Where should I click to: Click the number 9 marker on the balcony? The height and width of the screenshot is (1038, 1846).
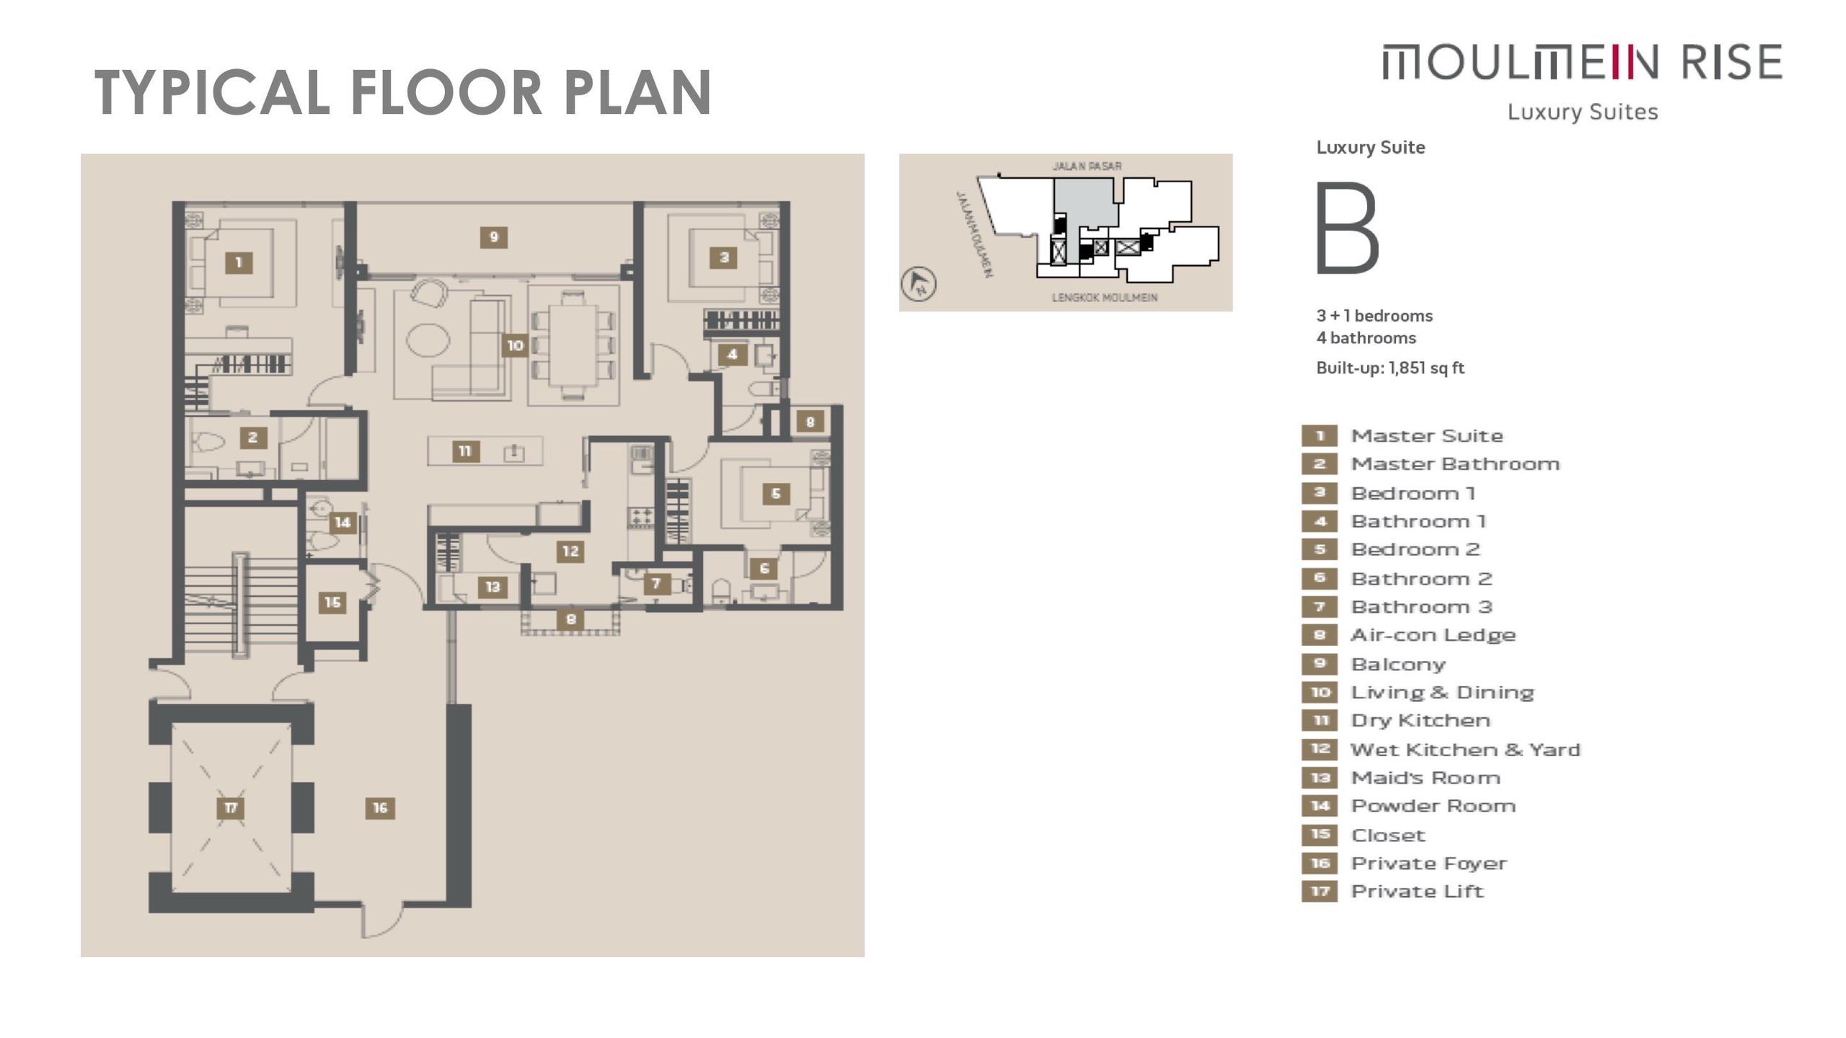click(x=493, y=237)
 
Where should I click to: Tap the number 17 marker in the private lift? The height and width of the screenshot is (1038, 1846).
click(x=231, y=807)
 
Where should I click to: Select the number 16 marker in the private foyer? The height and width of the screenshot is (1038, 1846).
click(x=380, y=808)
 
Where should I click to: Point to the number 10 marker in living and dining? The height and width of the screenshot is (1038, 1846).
click(x=515, y=345)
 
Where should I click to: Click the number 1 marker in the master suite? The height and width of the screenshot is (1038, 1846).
click(x=239, y=262)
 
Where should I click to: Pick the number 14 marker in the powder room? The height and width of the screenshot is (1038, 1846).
click(x=343, y=523)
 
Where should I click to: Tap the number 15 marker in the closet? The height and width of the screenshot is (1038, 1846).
click(x=332, y=602)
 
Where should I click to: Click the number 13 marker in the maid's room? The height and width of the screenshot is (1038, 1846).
click(x=493, y=587)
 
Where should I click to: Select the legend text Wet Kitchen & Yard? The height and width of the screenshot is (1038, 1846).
click(x=1465, y=750)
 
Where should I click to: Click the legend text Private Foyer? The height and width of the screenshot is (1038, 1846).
click(x=1428, y=864)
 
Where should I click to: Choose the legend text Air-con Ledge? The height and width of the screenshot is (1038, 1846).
click(x=1433, y=635)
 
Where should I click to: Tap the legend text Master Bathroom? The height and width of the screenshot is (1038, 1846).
click(x=1455, y=463)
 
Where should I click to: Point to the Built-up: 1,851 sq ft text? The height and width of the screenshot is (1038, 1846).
click(x=1390, y=368)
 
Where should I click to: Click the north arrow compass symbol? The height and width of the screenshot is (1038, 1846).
click(x=919, y=283)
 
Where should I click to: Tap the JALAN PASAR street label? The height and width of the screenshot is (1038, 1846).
click(x=1087, y=166)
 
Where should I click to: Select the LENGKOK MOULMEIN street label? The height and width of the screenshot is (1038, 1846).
click(x=1105, y=297)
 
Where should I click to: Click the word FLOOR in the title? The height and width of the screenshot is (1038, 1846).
click(x=446, y=92)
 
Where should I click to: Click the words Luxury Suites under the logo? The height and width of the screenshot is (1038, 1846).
click(x=1583, y=112)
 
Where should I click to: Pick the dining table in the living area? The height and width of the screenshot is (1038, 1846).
click(x=573, y=347)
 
